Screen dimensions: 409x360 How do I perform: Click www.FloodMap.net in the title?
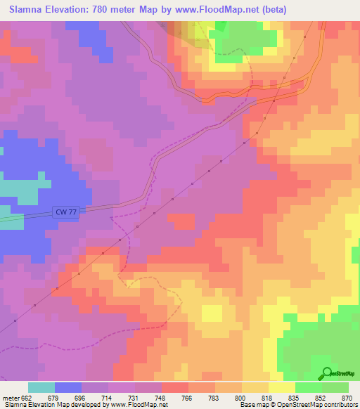click(211, 9)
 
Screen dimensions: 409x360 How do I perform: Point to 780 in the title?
click(115, 9)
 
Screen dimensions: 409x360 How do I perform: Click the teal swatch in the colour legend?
click(41, 387)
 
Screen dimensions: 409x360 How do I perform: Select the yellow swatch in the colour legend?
click(282, 387)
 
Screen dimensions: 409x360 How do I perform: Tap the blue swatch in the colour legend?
click(68, 387)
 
